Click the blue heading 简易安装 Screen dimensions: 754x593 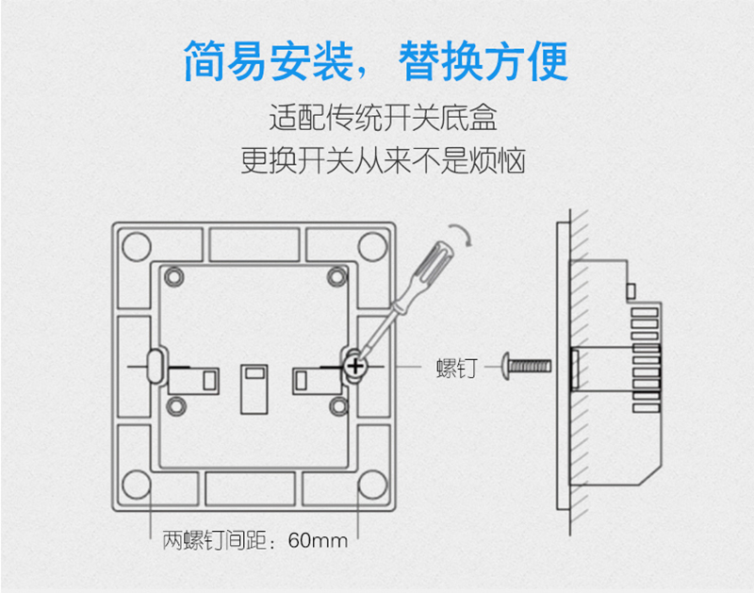[x=269, y=61]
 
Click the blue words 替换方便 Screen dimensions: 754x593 [x=484, y=61]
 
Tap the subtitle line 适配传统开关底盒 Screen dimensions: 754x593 [x=383, y=118]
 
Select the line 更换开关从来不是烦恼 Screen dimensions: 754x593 [x=383, y=160]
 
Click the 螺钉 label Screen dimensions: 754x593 [x=457, y=369]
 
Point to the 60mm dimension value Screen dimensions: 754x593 [x=318, y=540]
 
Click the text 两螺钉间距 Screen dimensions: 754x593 [x=215, y=540]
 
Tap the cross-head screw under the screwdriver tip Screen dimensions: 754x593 [x=355, y=367]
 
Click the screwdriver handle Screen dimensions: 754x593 [x=434, y=264]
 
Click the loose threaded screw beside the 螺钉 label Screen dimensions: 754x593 [x=526, y=367]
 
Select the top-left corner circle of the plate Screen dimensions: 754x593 [x=137, y=246]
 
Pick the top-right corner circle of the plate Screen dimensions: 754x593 [x=372, y=246]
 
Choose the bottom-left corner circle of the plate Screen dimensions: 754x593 [x=137, y=485]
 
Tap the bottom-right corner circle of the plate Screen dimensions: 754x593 [x=372, y=485]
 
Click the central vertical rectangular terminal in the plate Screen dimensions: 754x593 [x=254, y=389]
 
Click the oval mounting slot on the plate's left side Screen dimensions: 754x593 [x=155, y=367]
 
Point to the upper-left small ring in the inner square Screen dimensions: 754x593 [x=174, y=277]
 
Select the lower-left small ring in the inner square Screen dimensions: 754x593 [x=176, y=406]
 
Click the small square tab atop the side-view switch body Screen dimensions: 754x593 [x=631, y=291]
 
